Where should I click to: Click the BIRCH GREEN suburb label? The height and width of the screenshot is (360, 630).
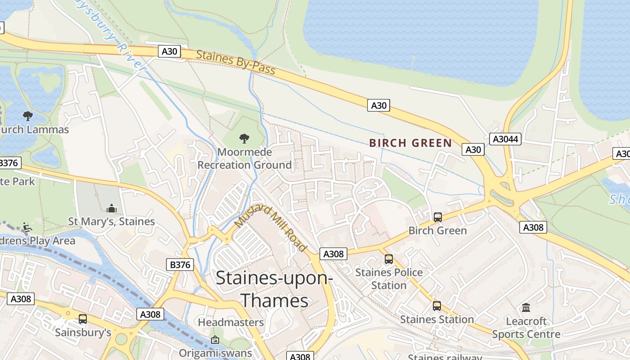pyautogui.click(x=410, y=143)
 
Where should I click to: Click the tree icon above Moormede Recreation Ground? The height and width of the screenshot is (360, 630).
pyautogui.click(x=244, y=138)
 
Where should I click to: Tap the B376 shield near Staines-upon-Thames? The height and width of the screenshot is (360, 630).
pyautogui.click(x=181, y=265)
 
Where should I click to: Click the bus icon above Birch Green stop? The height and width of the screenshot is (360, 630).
pyautogui.click(x=437, y=217)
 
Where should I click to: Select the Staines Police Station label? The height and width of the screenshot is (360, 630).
pyautogui.click(x=389, y=279)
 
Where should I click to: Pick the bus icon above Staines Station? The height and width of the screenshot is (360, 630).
pyautogui.click(x=436, y=306)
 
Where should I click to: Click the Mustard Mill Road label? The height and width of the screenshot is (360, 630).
pyautogui.click(x=271, y=228)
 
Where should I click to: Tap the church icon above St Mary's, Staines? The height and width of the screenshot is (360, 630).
pyautogui.click(x=111, y=208)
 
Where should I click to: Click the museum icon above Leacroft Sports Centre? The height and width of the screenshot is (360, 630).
pyautogui.click(x=526, y=308)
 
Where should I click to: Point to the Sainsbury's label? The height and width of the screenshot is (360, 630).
pyautogui.click(x=83, y=333)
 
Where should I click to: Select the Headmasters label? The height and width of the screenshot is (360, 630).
pyautogui.click(x=231, y=322)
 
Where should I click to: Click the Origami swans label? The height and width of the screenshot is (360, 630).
pyautogui.click(x=215, y=352)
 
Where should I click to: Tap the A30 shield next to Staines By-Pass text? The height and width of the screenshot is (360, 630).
pyautogui.click(x=169, y=51)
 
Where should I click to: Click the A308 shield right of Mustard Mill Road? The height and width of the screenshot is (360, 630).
pyautogui.click(x=333, y=254)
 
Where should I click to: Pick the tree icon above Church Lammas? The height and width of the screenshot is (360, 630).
pyautogui.click(x=28, y=116)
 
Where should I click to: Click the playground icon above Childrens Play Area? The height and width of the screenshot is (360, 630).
pyautogui.click(x=27, y=228)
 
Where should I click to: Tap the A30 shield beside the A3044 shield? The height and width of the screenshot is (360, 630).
pyautogui.click(x=473, y=149)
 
